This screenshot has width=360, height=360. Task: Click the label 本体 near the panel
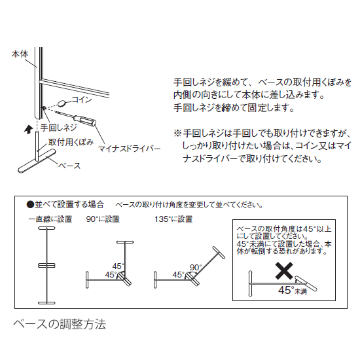pos(20,56)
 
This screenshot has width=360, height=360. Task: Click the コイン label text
pos(81,99)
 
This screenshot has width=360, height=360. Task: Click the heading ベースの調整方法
pos(60,323)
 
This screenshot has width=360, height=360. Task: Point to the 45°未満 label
pos(293,289)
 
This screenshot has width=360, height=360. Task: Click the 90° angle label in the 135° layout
pos(196,267)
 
